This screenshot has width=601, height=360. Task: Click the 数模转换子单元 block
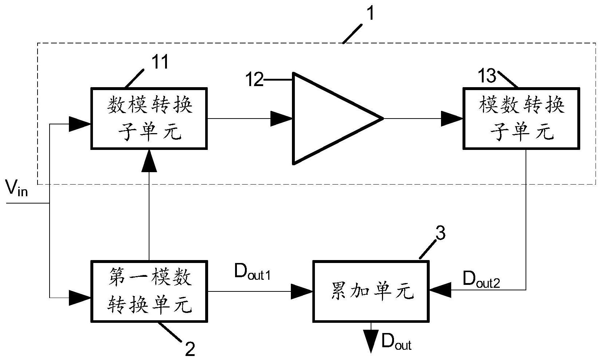149,119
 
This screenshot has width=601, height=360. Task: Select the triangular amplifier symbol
328,119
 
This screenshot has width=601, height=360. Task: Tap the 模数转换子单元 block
521,119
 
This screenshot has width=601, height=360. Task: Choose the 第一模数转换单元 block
149,291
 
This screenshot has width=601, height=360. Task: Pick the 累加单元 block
371,291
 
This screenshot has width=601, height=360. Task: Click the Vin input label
17,188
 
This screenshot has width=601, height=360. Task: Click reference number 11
160,62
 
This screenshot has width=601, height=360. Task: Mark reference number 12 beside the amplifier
254,80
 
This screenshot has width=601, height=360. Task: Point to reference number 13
487,76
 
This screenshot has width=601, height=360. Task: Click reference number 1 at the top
370,14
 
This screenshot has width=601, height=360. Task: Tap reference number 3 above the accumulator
440,234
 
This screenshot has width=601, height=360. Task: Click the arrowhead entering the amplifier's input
282,119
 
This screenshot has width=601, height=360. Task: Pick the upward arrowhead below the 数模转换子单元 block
149,160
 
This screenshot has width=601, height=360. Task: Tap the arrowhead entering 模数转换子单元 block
452,119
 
